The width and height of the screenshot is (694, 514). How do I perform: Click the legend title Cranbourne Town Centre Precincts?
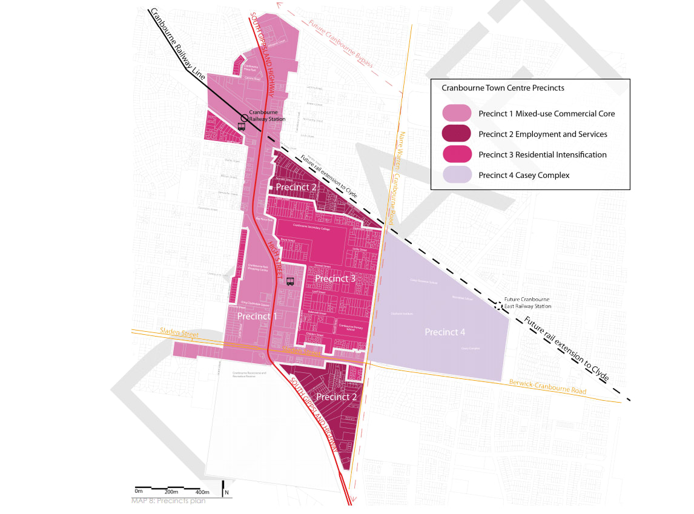[503, 88]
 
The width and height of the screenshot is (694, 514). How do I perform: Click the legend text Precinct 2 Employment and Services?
[543, 134]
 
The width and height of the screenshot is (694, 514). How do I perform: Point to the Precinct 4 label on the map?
[445, 332]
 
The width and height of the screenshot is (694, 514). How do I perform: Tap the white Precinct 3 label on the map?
[335, 278]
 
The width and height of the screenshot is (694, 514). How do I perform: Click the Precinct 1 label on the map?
[257, 316]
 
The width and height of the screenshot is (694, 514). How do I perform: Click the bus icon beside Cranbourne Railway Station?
[242, 127]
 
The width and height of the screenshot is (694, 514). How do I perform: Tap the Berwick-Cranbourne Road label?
[547, 387]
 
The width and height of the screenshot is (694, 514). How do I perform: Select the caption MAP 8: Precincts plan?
[168, 501]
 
